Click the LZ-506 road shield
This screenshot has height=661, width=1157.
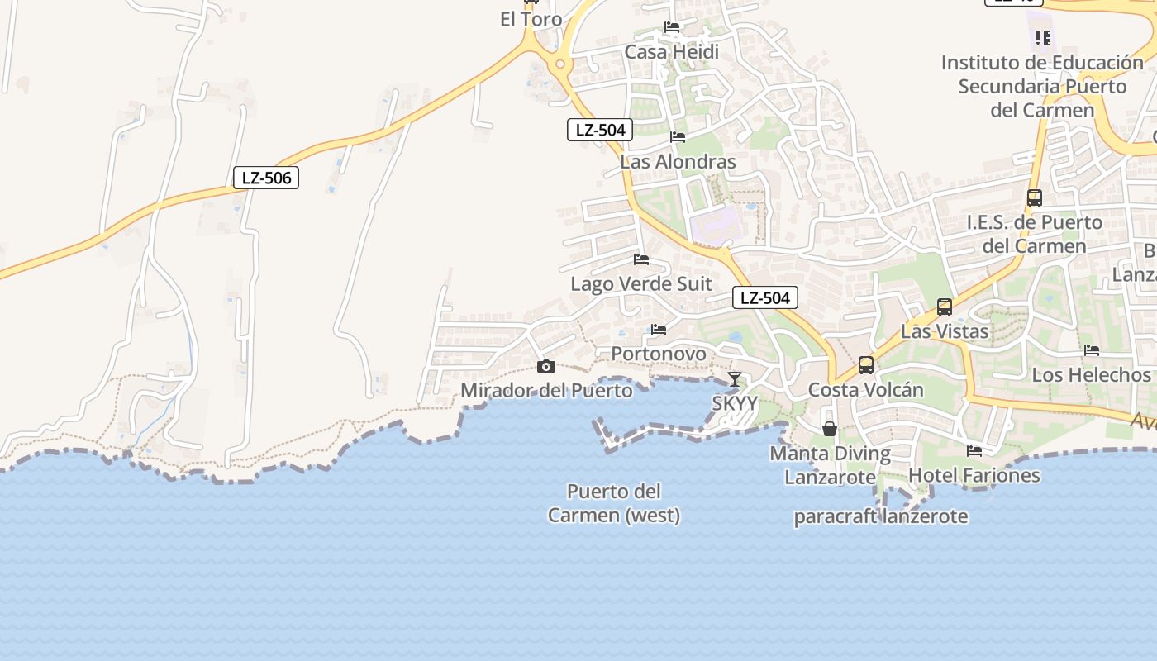point(265,178)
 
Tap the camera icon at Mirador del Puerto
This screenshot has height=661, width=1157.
point(545,366)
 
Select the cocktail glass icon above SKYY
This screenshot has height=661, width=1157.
point(734,379)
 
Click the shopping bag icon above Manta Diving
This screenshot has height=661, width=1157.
point(830,429)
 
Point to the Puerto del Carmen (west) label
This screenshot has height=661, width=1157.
point(614,503)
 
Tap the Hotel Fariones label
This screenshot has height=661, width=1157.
point(974,475)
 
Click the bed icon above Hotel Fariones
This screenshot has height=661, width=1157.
point(974,451)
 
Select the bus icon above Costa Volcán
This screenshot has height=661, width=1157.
point(865,364)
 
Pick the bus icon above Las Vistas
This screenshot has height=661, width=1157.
point(944,307)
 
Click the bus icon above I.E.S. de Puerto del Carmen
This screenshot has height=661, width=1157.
point(1034,198)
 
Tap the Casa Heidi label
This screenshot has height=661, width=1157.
point(671,52)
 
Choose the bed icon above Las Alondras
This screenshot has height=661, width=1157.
point(678,137)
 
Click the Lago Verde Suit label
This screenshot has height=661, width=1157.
point(640,283)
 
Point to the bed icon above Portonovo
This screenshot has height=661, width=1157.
point(658,330)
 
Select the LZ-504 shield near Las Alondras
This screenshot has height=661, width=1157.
point(600,130)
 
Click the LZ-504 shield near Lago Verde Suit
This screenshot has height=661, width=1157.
point(764,298)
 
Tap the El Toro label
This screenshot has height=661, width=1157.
point(531,19)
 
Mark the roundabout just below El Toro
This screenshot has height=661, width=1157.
point(560,64)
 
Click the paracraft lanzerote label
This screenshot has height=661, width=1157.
point(880,517)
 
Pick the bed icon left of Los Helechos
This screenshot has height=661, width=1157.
point(1091,350)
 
